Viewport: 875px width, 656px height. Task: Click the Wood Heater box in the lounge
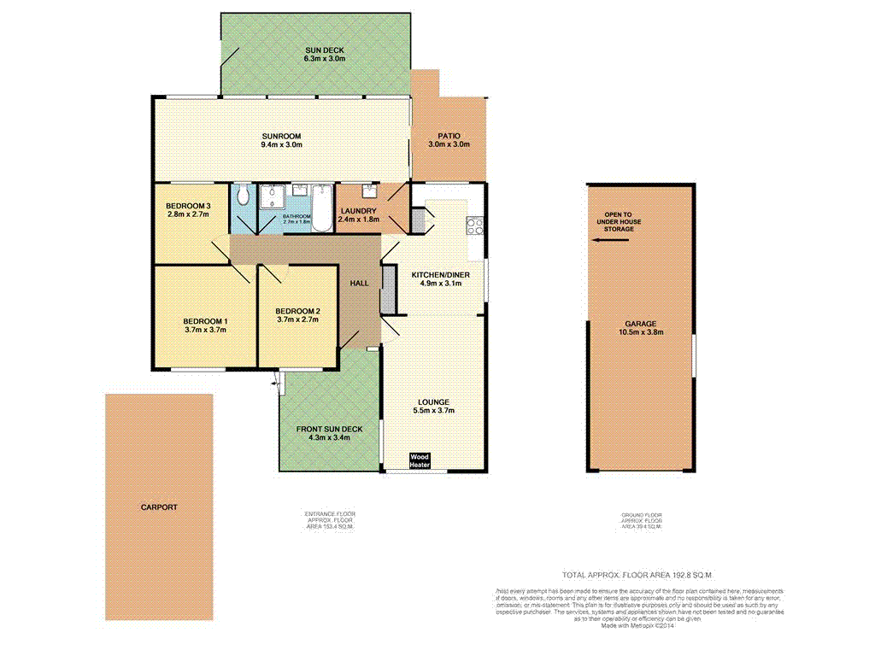(419, 460)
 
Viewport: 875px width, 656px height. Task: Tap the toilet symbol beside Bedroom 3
(244, 196)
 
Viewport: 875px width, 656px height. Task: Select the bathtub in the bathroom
(321, 208)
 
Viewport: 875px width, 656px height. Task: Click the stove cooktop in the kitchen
(474, 226)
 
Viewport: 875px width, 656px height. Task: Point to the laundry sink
(371, 190)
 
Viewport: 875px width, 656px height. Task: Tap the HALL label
(360, 284)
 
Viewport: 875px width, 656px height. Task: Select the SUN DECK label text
(325, 50)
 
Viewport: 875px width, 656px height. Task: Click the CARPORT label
(159, 507)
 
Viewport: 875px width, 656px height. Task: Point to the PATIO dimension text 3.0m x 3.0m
(444, 145)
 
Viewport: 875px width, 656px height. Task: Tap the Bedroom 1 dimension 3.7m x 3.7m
(205, 330)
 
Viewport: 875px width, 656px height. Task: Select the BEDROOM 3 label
(188, 206)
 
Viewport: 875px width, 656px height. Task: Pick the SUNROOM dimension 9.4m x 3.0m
(282, 145)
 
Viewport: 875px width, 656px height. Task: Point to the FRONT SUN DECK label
(329, 429)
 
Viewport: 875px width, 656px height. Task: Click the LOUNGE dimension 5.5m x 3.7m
(434, 411)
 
